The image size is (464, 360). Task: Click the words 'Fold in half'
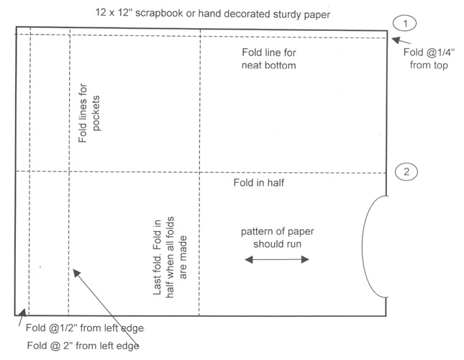click(x=260, y=183)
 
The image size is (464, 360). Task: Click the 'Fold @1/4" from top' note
click(x=427, y=59)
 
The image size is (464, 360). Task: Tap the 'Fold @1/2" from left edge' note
click(x=85, y=328)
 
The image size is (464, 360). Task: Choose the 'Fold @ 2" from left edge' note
click(x=83, y=345)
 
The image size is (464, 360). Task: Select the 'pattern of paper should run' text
click(x=277, y=237)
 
